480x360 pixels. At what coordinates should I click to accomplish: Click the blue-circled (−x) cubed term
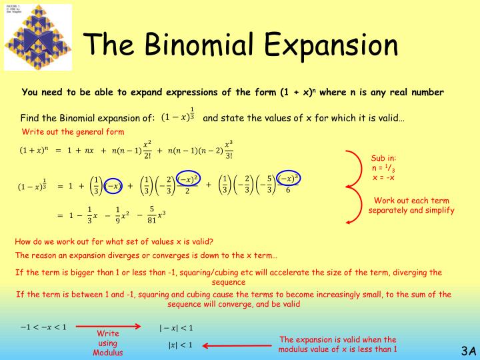tap(289, 179)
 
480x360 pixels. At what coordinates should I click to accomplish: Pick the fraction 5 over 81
tap(151, 215)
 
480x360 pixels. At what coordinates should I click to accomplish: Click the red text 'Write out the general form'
tap(73, 131)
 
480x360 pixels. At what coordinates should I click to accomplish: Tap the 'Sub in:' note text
tap(383, 158)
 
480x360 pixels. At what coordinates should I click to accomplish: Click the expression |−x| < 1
tap(175, 327)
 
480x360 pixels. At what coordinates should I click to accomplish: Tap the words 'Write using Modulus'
tap(107, 342)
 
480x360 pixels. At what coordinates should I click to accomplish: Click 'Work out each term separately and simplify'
tap(411, 205)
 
